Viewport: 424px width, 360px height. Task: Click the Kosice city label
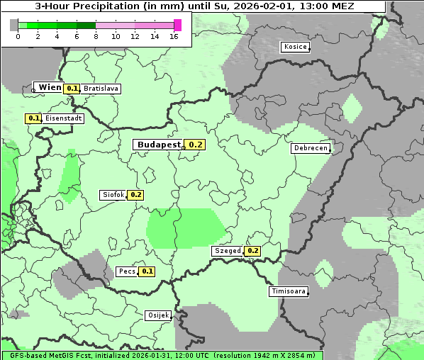coord(294,47)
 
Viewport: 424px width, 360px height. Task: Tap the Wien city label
coord(50,87)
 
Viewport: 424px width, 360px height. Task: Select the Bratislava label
coord(100,89)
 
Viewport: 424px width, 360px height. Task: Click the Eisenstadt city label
coord(63,118)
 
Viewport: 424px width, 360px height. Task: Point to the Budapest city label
coord(159,145)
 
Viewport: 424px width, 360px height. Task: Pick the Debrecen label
coord(310,148)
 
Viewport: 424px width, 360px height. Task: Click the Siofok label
coord(113,194)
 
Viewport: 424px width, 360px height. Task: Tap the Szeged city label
coord(227,251)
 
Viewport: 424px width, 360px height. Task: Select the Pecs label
coord(126,271)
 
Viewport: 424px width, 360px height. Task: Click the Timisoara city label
coord(288,291)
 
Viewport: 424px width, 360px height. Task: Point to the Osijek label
coord(157,315)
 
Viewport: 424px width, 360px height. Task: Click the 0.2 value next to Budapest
coord(196,145)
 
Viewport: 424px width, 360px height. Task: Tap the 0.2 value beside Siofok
coord(136,195)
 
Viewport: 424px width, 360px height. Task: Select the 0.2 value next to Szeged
coord(253,251)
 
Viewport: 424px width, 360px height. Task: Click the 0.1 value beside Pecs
coord(147,271)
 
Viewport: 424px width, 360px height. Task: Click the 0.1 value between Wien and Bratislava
coord(72,89)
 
